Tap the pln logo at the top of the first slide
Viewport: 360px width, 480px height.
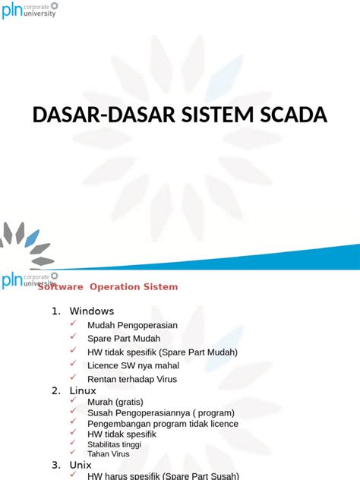coord(29,10)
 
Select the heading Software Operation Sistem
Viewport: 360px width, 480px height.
coord(108,286)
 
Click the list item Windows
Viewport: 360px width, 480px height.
coord(91,311)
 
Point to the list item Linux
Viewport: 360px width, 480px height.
coord(83,390)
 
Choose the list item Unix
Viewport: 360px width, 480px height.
coord(81,464)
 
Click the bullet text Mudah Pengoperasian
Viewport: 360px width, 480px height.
coord(132,325)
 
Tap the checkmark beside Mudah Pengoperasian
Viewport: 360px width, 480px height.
coord(73,324)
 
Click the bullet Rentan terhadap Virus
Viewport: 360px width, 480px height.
coord(132,379)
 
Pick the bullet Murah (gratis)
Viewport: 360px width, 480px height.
coord(115,402)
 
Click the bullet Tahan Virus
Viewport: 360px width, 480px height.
coord(109,453)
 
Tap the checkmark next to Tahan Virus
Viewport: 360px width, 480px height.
coord(73,453)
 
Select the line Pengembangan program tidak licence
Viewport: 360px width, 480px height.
coord(163,423)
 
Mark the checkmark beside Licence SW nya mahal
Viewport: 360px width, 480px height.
coord(73,364)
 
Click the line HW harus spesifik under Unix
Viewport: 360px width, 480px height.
coord(163,475)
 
